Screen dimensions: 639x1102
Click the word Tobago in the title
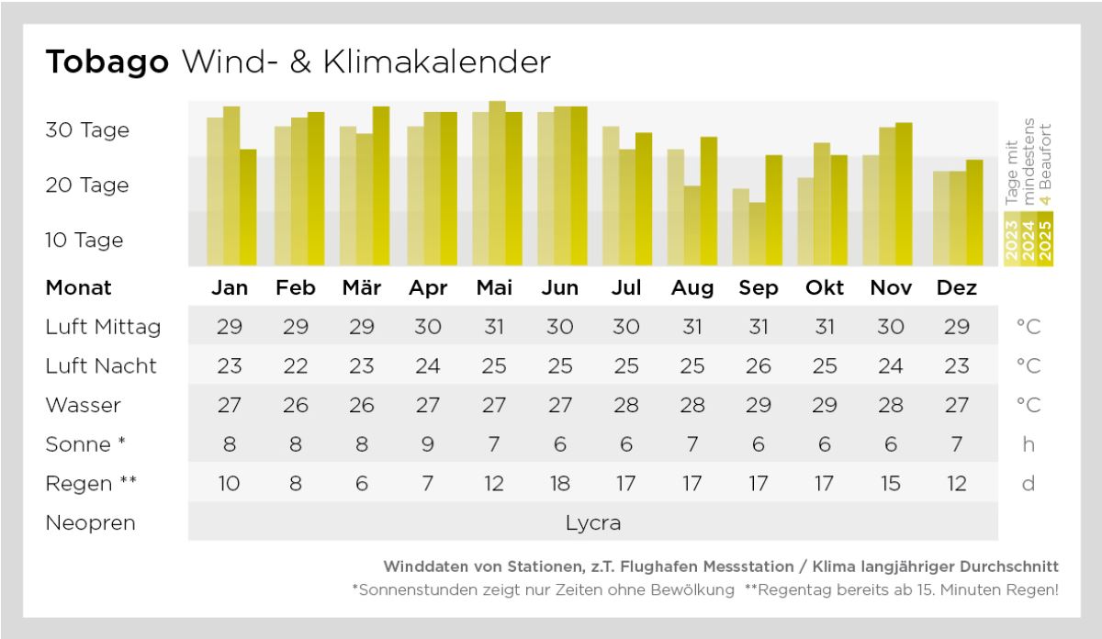(x=107, y=62)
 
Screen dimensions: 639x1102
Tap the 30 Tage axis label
(x=87, y=129)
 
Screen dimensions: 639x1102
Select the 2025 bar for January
(x=248, y=207)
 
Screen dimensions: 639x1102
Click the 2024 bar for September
(x=757, y=234)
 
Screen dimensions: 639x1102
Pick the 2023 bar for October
(x=805, y=221)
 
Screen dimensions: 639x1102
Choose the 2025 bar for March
(x=380, y=186)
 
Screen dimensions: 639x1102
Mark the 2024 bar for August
(x=692, y=226)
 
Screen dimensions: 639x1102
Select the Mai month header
(x=494, y=288)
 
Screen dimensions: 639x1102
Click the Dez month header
(x=956, y=288)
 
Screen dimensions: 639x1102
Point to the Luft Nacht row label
(x=101, y=365)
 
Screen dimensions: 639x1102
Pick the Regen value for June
(x=560, y=483)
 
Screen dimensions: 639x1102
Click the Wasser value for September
(x=758, y=405)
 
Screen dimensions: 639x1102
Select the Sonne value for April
(x=428, y=444)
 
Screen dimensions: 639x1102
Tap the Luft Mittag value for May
(x=494, y=326)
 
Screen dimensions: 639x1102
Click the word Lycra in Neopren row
(x=592, y=523)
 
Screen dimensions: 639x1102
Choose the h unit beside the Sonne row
(x=1029, y=444)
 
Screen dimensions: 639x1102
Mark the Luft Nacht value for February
(x=296, y=365)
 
